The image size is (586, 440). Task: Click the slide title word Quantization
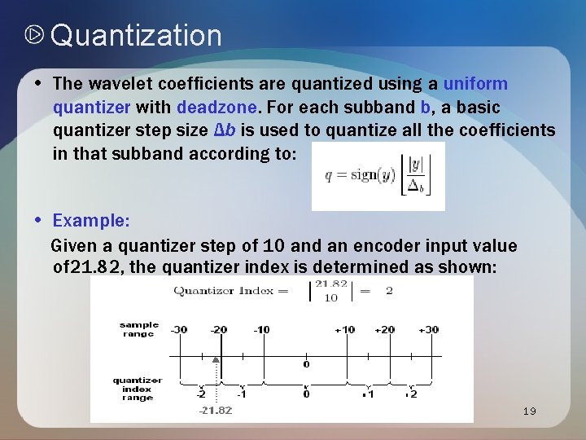[x=136, y=36]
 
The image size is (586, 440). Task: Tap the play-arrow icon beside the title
[x=34, y=36]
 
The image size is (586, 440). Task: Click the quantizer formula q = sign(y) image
[x=378, y=176]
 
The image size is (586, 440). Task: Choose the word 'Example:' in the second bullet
[x=90, y=221]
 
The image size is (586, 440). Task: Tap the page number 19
[x=529, y=411]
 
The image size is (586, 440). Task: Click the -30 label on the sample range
[x=179, y=330]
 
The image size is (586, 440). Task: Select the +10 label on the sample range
[x=344, y=330]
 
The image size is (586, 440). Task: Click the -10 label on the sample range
[x=260, y=330]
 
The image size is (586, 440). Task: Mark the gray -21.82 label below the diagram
[x=216, y=410]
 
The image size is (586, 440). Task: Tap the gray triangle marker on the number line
[x=216, y=359]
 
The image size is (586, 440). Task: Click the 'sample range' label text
[x=138, y=329]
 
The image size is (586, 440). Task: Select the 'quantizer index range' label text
[x=137, y=389]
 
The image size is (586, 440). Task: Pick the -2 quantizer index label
[x=200, y=394]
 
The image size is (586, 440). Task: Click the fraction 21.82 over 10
[x=330, y=291]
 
